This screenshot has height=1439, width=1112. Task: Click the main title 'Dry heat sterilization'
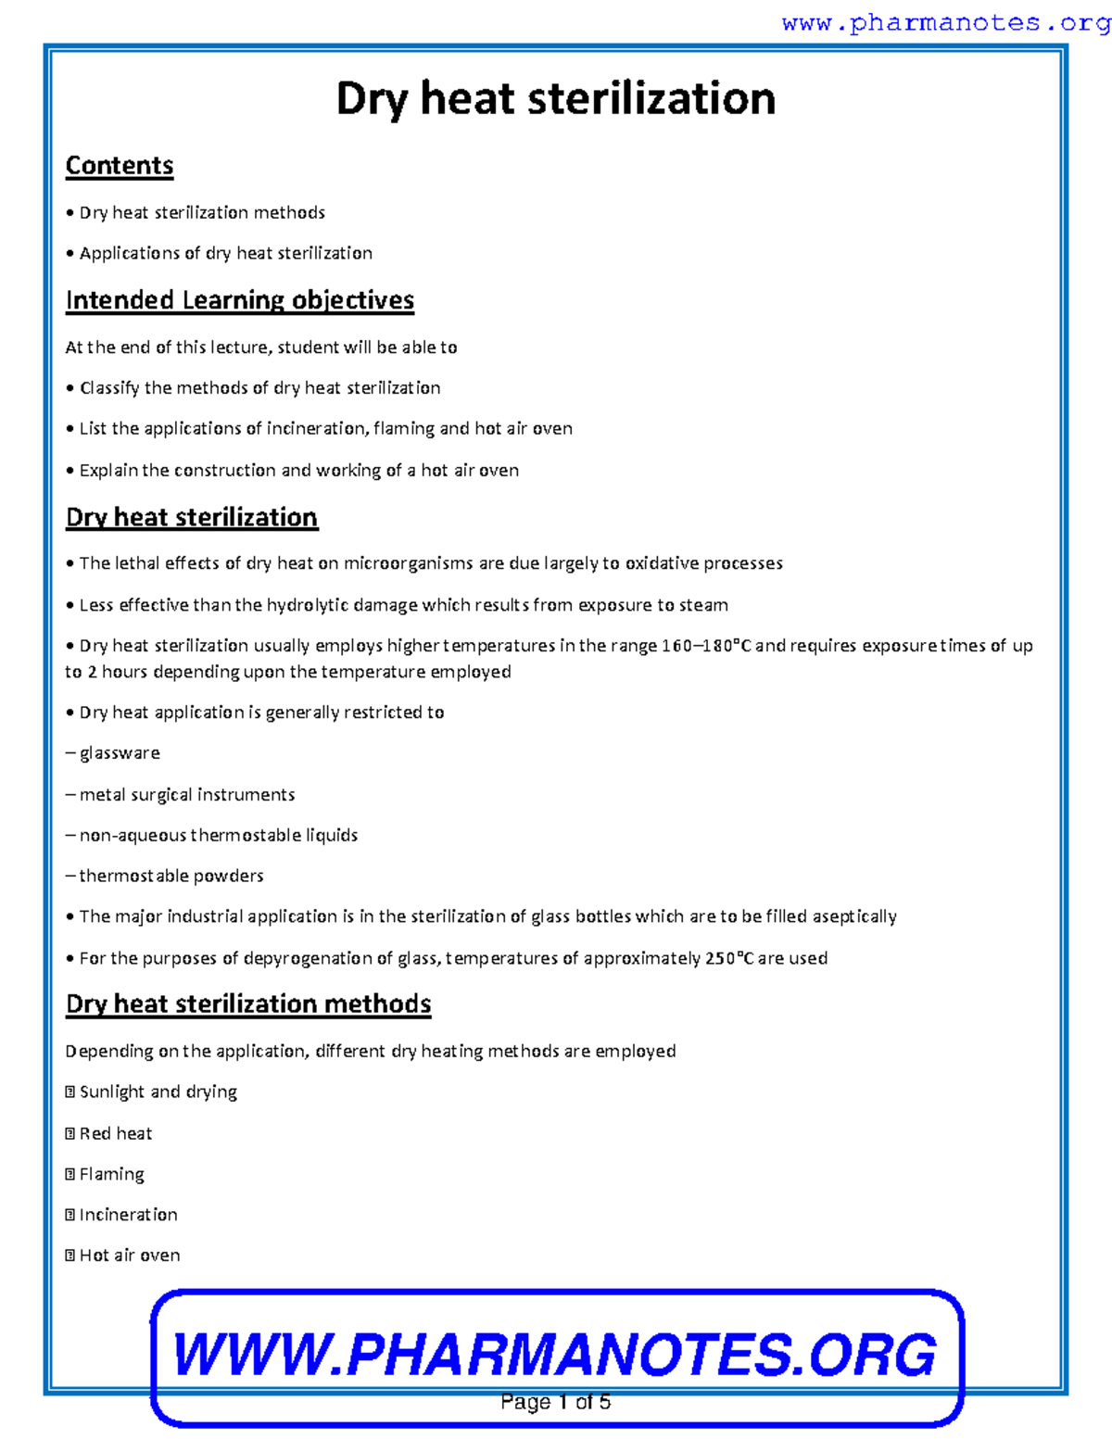click(x=555, y=98)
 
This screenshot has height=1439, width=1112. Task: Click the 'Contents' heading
click(x=120, y=166)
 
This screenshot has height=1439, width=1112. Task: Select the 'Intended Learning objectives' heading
click(x=239, y=300)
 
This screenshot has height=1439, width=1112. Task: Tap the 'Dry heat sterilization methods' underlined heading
click(x=248, y=1004)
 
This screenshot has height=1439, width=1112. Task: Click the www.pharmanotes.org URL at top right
click(x=945, y=23)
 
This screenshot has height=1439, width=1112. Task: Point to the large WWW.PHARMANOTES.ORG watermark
click(x=555, y=1355)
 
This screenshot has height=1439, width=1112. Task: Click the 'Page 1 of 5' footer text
click(x=555, y=1402)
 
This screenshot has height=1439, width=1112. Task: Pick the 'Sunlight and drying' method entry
click(x=158, y=1092)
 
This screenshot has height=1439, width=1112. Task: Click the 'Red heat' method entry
click(x=116, y=1134)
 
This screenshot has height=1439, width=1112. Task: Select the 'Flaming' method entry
click(x=111, y=1175)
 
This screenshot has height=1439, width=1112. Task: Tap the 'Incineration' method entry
click(x=128, y=1215)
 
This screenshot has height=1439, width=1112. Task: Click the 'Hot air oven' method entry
click(x=130, y=1256)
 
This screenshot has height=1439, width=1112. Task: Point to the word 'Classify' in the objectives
click(x=109, y=388)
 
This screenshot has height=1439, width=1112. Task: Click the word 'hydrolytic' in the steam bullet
click(x=309, y=605)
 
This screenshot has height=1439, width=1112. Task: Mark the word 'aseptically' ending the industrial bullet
click(x=854, y=916)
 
